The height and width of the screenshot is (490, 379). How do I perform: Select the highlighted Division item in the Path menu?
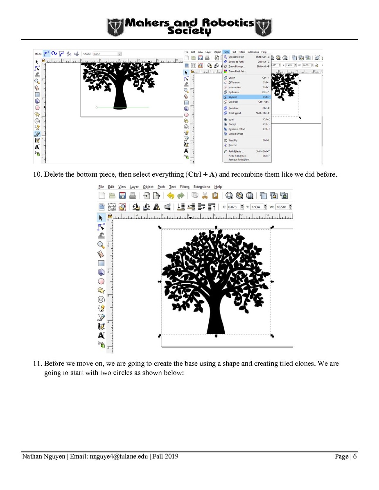[x=233, y=97]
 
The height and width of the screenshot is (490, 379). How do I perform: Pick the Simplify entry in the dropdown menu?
[x=233, y=140]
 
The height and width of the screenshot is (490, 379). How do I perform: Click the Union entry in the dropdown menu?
[x=232, y=78]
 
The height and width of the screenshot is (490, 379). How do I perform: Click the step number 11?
[x=37, y=363]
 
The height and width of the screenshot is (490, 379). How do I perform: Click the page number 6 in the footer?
[x=354, y=456]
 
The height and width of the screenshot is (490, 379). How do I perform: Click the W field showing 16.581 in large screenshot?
[x=284, y=207]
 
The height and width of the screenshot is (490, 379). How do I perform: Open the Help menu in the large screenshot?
[x=218, y=187]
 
